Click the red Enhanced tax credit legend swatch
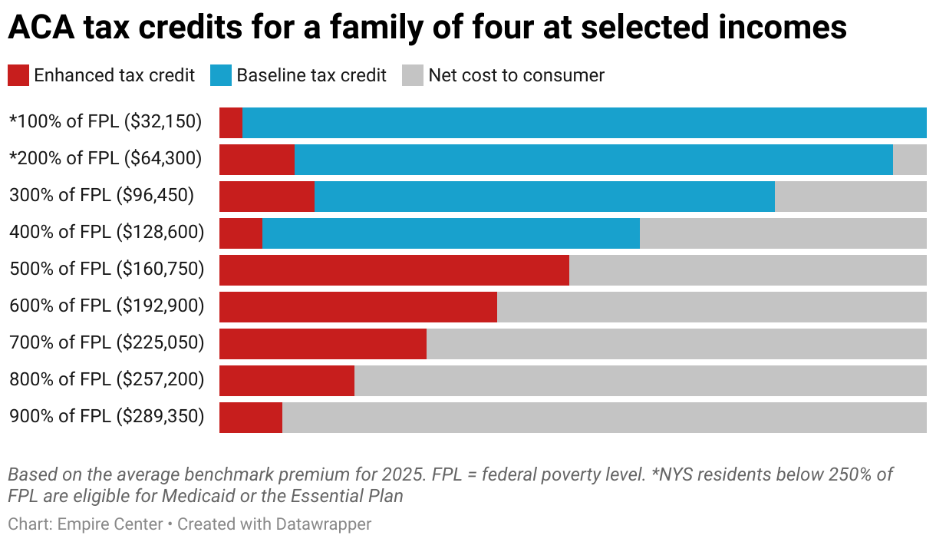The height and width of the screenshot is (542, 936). point(18,75)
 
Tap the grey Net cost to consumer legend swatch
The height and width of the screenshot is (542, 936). point(413,75)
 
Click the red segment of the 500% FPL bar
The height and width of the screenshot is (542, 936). point(394,270)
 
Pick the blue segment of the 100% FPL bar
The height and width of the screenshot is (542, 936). point(584,123)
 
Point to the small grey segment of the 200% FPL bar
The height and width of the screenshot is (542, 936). point(909,160)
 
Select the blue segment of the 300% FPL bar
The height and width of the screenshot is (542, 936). point(544,197)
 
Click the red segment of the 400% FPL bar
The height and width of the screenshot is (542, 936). point(241,233)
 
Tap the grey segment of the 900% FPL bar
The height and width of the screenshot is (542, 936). point(604,418)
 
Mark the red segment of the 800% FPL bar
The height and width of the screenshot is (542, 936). point(286,381)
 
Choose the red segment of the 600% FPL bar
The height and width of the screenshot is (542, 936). point(358,307)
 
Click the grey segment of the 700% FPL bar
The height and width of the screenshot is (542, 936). point(676,344)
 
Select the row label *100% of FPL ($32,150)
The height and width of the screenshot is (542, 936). point(105,121)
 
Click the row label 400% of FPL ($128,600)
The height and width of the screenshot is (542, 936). point(107,232)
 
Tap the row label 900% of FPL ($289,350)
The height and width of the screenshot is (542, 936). point(107,416)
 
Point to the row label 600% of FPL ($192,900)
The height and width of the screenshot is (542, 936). point(107,306)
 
